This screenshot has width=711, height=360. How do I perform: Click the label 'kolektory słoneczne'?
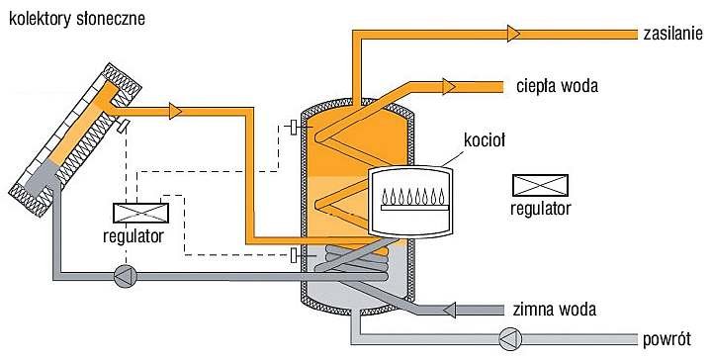77,19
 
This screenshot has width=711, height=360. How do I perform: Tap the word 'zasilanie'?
672,34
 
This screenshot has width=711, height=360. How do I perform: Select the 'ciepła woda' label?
557,86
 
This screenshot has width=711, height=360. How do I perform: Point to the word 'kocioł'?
485,140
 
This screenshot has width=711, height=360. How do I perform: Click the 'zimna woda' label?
554,310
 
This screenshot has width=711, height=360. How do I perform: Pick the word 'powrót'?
667,338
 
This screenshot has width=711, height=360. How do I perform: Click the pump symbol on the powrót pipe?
510,339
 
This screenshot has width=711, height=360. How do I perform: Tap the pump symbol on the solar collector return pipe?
125,276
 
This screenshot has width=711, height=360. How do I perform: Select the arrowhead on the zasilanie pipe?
513,34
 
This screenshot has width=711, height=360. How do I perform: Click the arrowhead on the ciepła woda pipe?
449,86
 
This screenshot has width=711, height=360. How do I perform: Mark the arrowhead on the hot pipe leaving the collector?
175,111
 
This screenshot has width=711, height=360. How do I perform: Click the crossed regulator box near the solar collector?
140,213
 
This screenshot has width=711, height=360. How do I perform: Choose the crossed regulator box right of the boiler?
540,186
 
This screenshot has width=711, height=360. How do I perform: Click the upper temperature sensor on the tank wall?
294,128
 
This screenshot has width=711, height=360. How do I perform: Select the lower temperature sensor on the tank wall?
294,255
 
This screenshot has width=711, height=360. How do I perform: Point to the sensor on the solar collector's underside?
123,126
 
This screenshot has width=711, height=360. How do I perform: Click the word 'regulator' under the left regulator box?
133,235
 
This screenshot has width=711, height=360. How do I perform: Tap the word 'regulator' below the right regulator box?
541,209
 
